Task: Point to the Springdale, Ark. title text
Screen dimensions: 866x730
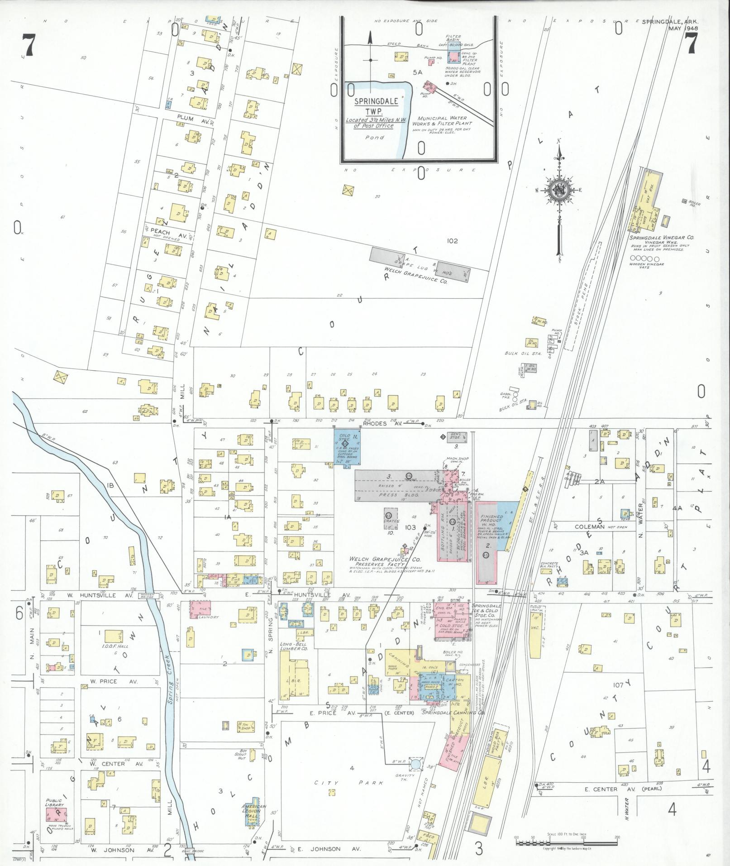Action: pyautogui.click(x=670, y=22)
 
